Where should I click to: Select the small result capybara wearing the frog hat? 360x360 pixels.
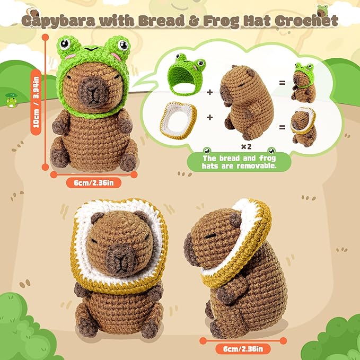304,83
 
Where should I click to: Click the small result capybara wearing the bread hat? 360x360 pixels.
304,128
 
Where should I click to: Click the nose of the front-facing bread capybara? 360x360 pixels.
121,258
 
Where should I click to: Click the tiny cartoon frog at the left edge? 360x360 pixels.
11,101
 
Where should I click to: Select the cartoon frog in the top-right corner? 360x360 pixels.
322,9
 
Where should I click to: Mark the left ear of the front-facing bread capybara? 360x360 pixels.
97,218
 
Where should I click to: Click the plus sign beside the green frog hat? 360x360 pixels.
210,91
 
